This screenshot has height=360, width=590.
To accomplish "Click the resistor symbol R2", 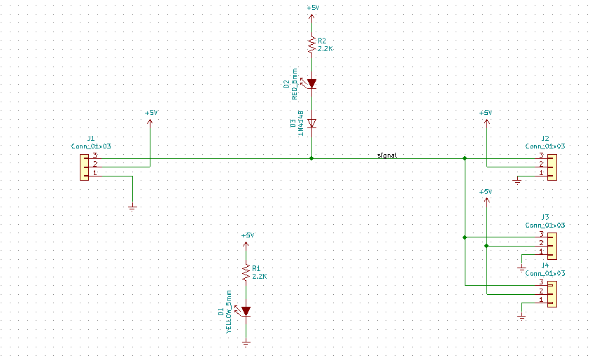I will coord(312,45).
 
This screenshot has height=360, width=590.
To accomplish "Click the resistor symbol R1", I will coord(246,272).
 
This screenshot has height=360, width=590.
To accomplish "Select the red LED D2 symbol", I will coord(312,84).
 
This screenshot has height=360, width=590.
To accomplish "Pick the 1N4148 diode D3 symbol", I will coord(312,123).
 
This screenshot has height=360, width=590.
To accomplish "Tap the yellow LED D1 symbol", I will coord(246,311).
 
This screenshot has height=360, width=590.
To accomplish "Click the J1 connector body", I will coord(84,165).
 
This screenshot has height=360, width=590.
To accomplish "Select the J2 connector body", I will coord(552,165).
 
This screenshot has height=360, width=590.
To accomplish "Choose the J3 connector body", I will coord(552,245).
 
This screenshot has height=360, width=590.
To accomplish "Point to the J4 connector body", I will coord(552,293).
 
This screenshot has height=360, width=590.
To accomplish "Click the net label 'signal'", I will coord(387,155).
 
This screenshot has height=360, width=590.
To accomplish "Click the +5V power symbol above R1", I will coord(246,237).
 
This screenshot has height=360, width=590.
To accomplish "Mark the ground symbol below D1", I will coord(246,343).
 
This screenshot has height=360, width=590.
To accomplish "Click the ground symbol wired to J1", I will coord(132,207).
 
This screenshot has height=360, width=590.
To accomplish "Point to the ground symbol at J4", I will coord(521,316).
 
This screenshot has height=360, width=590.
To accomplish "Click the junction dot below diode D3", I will coord(312,158).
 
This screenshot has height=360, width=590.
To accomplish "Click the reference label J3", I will coord(545,217).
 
